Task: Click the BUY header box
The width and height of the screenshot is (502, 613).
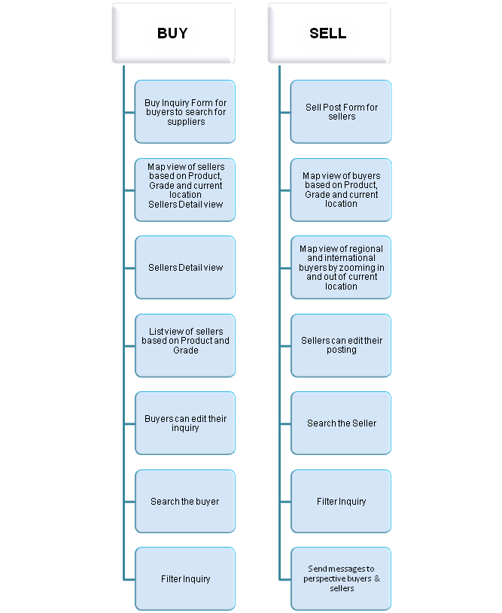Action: pos(173,33)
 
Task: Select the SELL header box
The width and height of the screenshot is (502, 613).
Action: pos(329,33)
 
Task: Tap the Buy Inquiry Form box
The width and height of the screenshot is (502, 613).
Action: pos(185,112)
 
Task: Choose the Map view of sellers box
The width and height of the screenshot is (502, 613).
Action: pos(185,190)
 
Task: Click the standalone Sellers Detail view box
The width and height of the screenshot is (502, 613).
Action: pos(185,268)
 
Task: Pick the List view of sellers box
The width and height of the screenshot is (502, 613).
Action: pos(185,345)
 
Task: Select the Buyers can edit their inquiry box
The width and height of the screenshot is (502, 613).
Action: pos(185,423)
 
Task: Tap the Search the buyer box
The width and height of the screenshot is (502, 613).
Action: pos(185,501)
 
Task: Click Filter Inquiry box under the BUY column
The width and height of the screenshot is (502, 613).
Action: pos(185,578)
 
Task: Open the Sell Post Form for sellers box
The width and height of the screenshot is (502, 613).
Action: pos(341,112)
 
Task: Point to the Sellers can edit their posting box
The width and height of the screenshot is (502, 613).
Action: pos(341,345)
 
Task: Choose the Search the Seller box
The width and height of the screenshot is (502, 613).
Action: pos(341,423)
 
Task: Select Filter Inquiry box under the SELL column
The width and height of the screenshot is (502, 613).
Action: pos(341,501)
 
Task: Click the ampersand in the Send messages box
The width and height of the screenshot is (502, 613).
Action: pos(377,578)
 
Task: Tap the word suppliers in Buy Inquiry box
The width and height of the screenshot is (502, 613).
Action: pos(186,122)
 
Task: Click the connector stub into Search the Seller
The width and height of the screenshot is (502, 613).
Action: pos(285,423)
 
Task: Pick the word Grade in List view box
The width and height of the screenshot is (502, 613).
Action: pos(186,351)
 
